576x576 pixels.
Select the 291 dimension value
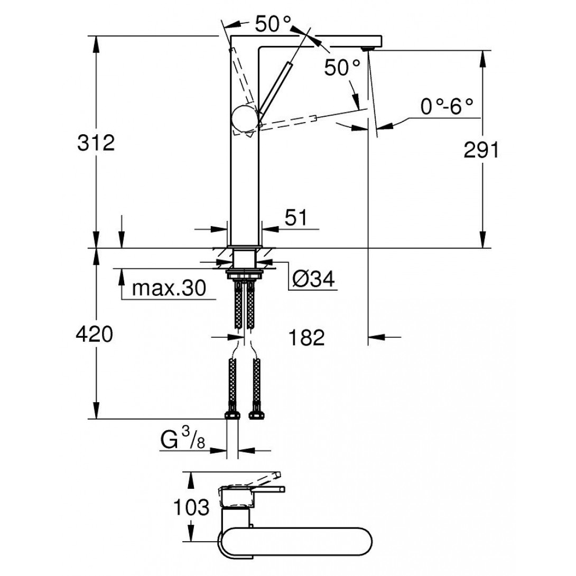(481, 152)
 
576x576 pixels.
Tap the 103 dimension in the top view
(191, 508)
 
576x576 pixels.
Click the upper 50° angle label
(273, 24)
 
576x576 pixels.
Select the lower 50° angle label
(342, 68)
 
